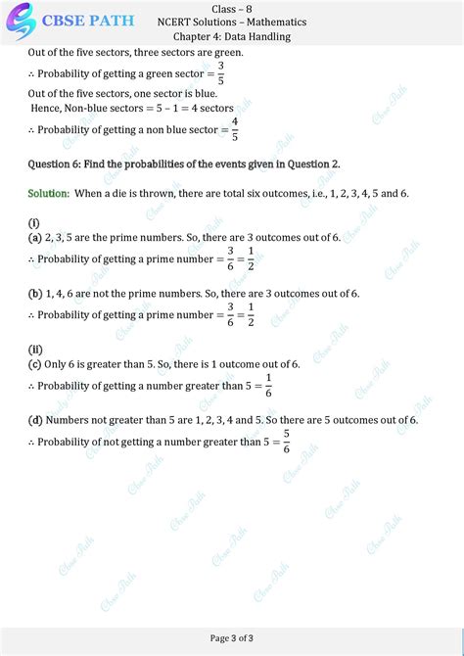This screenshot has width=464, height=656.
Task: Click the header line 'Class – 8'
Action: (x=231, y=8)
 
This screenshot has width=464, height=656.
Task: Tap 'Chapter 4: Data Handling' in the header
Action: (x=231, y=36)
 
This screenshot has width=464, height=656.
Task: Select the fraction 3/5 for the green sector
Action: (x=221, y=73)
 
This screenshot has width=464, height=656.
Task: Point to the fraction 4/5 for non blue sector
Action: (x=235, y=129)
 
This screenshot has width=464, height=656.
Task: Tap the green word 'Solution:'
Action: (x=48, y=194)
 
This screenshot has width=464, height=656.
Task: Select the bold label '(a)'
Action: (x=34, y=238)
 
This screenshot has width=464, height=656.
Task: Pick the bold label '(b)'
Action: (x=34, y=294)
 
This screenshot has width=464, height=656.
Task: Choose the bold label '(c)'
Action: (x=34, y=364)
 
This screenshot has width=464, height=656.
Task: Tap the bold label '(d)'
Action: (x=34, y=420)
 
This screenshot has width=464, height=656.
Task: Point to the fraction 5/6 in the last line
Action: (x=287, y=441)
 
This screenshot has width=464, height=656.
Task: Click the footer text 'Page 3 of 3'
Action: (x=232, y=639)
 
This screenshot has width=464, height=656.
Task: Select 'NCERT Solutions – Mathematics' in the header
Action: (x=231, y=22)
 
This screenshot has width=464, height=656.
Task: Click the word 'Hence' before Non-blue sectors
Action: (x=46, y=109)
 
